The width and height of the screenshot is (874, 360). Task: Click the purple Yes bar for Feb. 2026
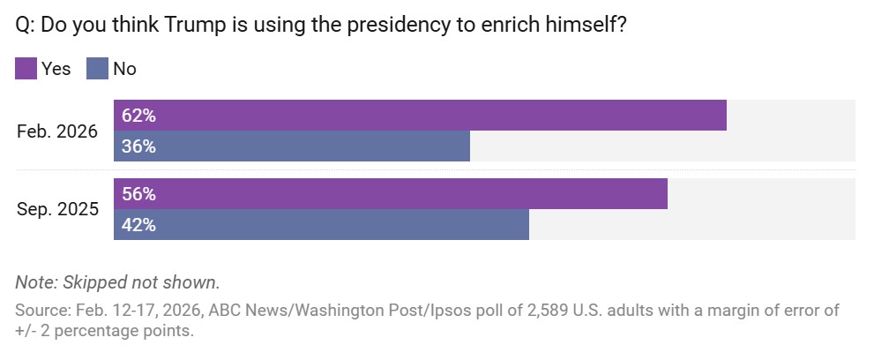(x=420, y=116)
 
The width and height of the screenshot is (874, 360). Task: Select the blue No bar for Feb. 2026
(x=292, y=146)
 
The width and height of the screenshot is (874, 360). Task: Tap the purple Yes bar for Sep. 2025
(x=391, y=193)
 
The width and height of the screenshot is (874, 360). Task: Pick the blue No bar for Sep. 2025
(x=321, y=224)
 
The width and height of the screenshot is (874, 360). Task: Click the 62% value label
(x=138, y=116)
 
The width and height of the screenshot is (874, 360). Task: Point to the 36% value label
(x=138, y=146)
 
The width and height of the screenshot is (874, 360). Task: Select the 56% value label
(x=138, y=193)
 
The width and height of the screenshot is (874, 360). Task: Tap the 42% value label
(x=138, y=224)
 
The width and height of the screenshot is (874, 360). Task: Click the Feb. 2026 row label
(x=57, y=131)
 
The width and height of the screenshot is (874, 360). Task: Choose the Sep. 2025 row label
(x=57, y=209)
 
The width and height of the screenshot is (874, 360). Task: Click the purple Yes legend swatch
(x=26, y=68)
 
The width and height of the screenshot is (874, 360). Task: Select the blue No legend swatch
(x=97, y=68)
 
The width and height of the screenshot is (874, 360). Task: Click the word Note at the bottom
(x=34, y=282)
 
